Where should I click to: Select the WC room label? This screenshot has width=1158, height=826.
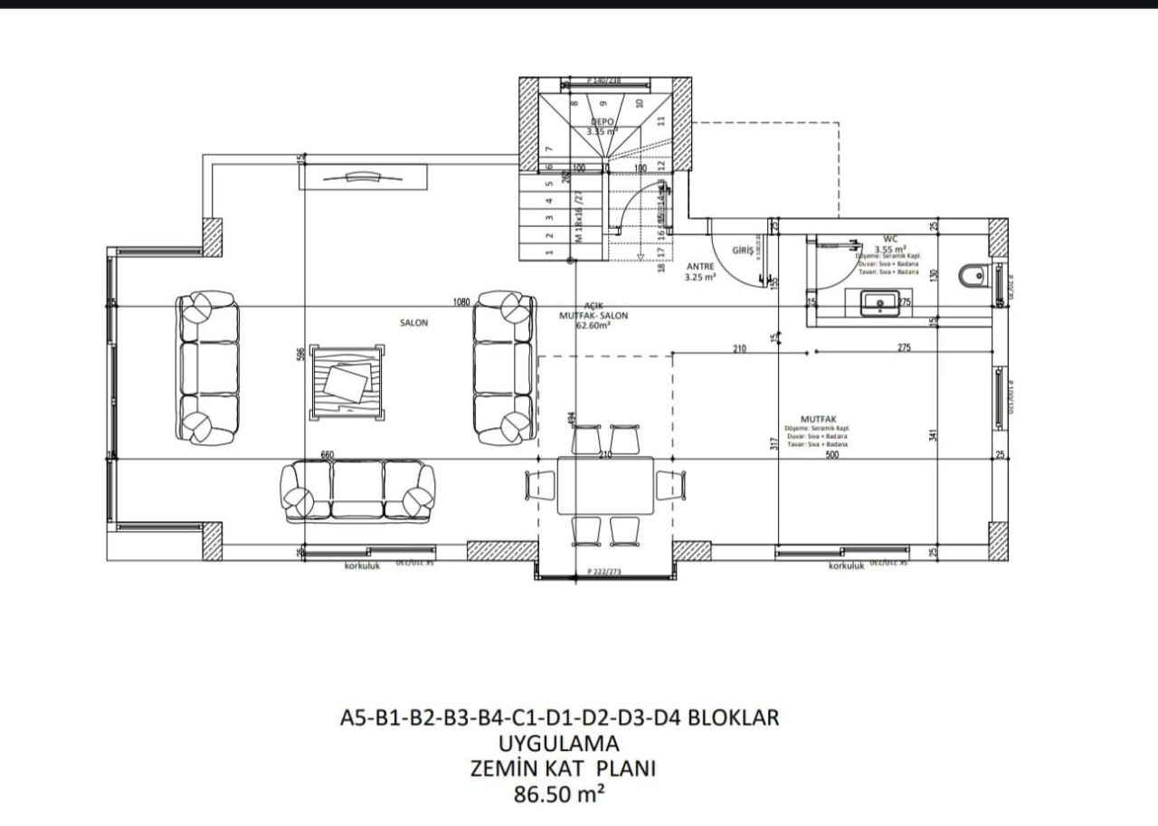coord(889,240)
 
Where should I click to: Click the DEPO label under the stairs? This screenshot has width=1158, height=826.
coord(603,121)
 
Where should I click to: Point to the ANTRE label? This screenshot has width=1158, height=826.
coord(700,267)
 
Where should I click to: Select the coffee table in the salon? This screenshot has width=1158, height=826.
coord(345,383)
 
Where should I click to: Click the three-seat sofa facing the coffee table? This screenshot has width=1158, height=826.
coord(357,490)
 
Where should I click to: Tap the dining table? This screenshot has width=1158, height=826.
coord(605,485)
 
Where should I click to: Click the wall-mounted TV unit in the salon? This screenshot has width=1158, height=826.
coord(363,177)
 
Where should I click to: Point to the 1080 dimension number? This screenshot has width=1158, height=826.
coord(462,303)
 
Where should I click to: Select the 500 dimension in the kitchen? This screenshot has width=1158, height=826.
coord(831,455)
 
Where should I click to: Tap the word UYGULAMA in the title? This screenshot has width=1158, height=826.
coord(558,743)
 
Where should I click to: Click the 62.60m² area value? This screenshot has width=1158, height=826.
coord(593,326)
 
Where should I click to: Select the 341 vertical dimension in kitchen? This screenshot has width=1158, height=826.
coord(934,434)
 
